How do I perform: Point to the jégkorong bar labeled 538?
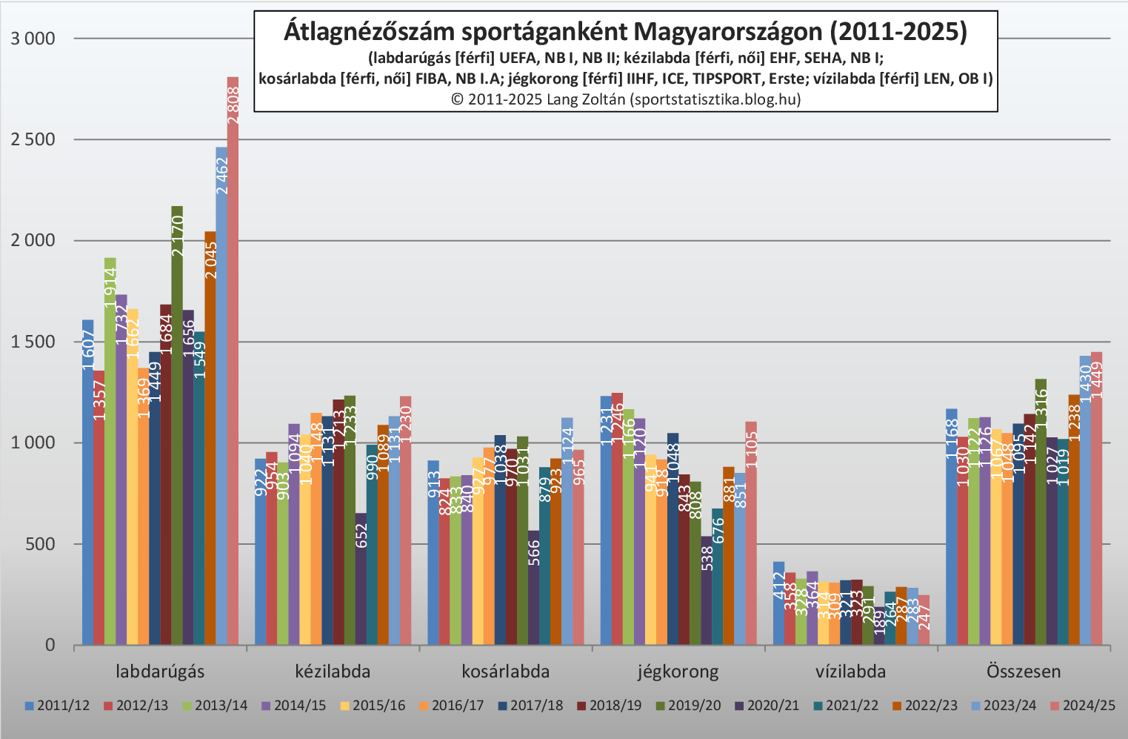706,593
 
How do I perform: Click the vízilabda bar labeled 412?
778,604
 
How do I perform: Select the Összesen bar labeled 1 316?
1041,511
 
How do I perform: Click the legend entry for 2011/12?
57,706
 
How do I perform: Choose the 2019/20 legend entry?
688,706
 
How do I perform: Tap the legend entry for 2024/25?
1082,706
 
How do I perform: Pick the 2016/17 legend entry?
451,706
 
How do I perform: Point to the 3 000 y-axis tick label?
33,39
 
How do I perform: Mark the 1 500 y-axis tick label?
33,342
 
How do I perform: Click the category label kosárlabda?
506,672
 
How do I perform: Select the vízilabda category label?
851,672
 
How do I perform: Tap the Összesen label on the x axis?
1024,672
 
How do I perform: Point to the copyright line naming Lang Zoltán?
626,99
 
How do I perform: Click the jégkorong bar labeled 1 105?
751,534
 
